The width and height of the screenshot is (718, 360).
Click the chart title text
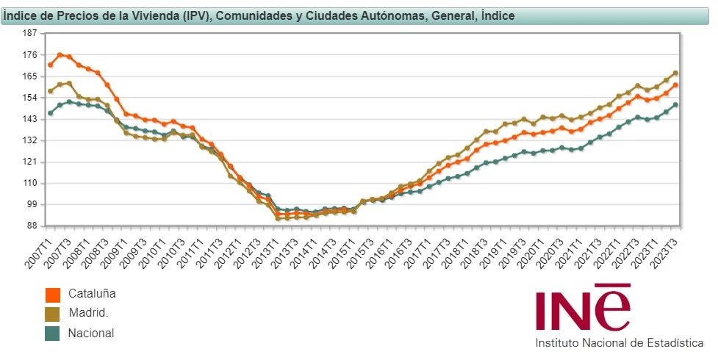click(259, 15)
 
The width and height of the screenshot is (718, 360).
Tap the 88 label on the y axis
click(32, 226)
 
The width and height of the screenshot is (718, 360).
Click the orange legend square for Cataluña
click(53, 295)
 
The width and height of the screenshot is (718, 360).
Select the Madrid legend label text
click(88, 313)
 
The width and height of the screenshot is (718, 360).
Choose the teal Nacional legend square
click(53, 334)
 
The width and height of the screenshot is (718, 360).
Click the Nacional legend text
click(91, 333)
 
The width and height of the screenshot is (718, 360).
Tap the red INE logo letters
click(583, 309)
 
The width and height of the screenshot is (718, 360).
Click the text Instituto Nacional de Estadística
click(619, 343)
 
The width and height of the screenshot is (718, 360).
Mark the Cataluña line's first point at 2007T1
click(50, 65)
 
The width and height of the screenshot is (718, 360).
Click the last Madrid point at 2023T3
click(675, 73)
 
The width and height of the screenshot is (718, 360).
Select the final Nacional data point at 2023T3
click(675, 104)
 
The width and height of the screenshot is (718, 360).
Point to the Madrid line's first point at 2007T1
click(50, 91)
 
